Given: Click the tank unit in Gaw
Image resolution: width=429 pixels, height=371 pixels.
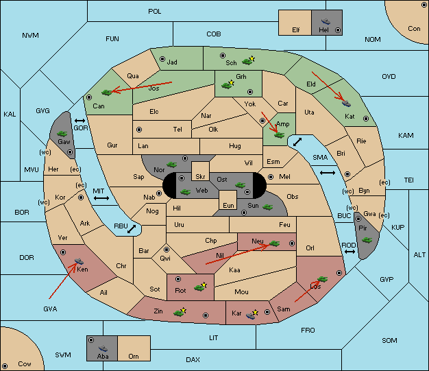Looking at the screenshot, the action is click(62, 134).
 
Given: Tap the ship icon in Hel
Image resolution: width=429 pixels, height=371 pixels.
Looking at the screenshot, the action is click(326, 21).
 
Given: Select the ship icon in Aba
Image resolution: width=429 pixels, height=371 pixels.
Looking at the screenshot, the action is click(103, 348).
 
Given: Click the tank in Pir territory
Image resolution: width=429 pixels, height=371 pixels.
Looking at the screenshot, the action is click(367, 240).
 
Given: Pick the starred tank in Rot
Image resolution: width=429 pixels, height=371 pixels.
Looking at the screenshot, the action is click(200, 287).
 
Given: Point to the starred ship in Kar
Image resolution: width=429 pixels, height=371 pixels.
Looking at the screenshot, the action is click(252, 315).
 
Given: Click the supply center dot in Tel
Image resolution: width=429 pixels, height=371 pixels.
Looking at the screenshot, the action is click(139, 130).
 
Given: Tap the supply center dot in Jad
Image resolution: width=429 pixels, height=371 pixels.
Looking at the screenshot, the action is click(162, 59).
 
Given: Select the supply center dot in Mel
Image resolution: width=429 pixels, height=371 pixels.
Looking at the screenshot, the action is click(271, 177).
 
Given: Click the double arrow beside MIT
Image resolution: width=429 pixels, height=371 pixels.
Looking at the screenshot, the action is click(101, 198).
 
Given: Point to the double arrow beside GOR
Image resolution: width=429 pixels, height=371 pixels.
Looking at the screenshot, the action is click(80, 121).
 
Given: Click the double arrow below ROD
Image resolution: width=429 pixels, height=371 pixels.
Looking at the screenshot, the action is click(350, 252).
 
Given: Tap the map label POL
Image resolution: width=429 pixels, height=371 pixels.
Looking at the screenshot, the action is click(155, 12).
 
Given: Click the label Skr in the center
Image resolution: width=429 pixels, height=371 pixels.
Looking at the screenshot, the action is click(200, 177).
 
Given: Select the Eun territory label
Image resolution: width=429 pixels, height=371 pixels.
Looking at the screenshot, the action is click(228, 205).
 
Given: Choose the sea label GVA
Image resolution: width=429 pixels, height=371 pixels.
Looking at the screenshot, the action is click(50, 309).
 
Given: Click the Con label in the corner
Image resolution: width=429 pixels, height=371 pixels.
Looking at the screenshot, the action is click(414, 29).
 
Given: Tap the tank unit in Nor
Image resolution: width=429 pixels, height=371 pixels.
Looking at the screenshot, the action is click(172, 165).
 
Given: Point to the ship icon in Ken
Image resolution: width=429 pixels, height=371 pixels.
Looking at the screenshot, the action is click(79, 261).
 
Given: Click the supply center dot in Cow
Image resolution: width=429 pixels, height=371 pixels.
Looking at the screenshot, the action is click(5, 366).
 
